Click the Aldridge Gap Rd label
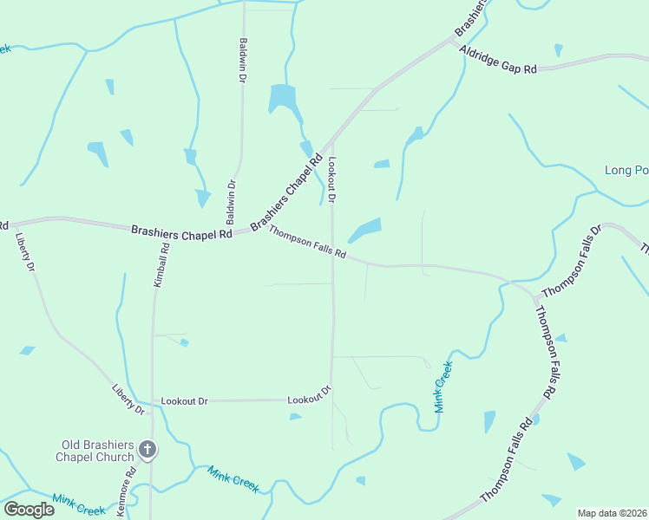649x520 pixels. click(x=498, y=60)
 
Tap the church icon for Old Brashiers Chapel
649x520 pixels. click(x=147, y=450)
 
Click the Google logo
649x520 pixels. click(x=29, y=509)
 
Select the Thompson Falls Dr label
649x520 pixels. click(x=570, y=263)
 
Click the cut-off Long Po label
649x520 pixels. click(x=626, y=170)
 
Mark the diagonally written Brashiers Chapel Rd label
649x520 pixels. click(x=286, y=193)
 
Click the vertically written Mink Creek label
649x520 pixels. click(x=442, y=387)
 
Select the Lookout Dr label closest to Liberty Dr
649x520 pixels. click(x=185, y=401)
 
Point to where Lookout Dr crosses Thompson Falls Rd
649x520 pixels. click(x=332, y=254)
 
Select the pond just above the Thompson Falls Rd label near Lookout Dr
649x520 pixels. click(x=365, y=230)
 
